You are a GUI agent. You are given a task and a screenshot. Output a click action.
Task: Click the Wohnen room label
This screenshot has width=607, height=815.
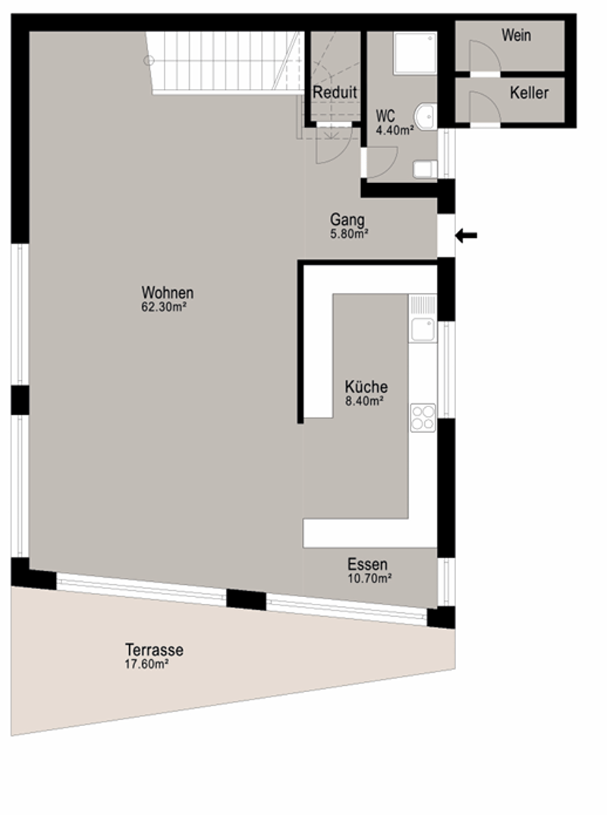[167, 292]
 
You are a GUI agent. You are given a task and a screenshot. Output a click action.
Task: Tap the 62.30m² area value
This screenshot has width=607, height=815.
[164, 307]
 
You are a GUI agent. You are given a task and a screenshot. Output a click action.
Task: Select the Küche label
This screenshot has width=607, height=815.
[366, 387]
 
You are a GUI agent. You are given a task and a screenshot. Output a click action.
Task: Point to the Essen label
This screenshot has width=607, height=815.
[368, 564]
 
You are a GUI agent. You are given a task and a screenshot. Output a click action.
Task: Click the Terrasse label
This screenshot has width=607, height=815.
[154, 649]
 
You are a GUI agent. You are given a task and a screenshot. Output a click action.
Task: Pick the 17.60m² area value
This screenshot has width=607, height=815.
[146, 665]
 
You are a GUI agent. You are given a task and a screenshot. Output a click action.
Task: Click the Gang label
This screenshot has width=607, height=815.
[348, 220]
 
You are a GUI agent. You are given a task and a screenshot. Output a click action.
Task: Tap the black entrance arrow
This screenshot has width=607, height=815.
[467, 235]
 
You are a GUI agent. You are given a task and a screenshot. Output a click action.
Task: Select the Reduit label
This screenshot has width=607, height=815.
[335, 93]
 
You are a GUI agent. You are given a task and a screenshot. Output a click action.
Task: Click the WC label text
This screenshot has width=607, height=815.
[385, 115]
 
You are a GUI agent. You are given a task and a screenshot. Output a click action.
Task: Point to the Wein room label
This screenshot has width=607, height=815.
[516, 35]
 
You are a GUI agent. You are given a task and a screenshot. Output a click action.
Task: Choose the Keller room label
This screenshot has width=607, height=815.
[529, 93]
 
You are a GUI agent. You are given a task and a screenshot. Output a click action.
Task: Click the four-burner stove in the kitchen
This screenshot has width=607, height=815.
[423, 418]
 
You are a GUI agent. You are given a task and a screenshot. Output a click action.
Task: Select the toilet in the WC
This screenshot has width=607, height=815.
[425, 169]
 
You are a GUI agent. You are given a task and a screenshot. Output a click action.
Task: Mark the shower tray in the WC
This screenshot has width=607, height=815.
[415, 53]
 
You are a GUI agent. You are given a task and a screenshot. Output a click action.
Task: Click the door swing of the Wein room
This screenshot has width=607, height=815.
[485, 55]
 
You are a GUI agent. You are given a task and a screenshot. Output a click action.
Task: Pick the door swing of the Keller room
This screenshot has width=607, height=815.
[485, 108]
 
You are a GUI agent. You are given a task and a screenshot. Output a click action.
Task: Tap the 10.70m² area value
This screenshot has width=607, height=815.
[370, 578]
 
